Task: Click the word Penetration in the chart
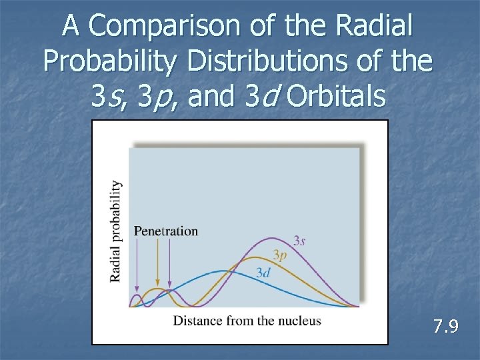(x=166, y=231)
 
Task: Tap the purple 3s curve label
(x=299, y=241)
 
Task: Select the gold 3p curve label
(x=280, y=255)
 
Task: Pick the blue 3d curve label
(x=263, y=272)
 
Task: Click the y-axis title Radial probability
(x=116, y=231)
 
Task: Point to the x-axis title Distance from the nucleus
(x=247, y=321)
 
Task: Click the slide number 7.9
(x=445, y=327)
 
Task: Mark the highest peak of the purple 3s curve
(x=271, y=238)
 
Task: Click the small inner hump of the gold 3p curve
(x=157, y=290)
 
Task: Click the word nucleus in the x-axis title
(x=300, y=321)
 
